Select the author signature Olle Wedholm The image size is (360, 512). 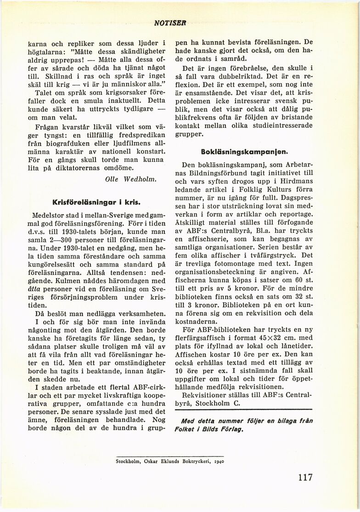(x=131, y=180)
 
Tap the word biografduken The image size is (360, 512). (x=68, y=144)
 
